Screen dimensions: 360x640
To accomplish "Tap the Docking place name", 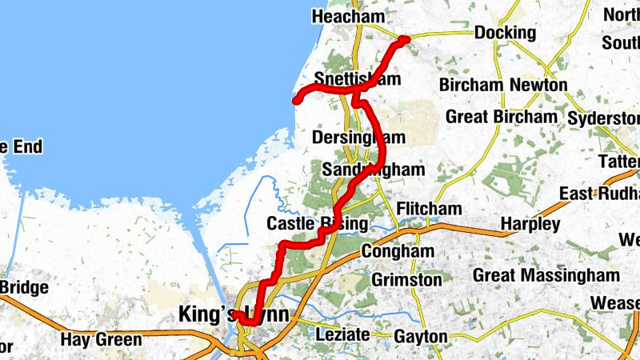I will pos(505,33).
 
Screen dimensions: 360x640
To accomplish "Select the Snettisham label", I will pos(357,79).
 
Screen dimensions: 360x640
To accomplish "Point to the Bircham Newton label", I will pos(503,85).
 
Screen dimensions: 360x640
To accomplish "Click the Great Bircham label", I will pos(501,117).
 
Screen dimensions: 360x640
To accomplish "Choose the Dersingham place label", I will pos(358,138).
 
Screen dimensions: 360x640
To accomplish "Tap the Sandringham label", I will pos(373,170).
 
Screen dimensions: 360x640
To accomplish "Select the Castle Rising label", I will pos(317,223).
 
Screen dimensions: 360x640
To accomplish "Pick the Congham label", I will pos(397,251).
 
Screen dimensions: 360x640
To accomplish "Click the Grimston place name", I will pos(406,280).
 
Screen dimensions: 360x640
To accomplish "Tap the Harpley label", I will pos(530,224).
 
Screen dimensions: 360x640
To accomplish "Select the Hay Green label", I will pos(101,339).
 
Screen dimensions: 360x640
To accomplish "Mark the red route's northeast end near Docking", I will pos(406,39).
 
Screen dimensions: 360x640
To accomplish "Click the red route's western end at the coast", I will pos(295,101).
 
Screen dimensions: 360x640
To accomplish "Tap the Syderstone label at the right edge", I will pos(603,118).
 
